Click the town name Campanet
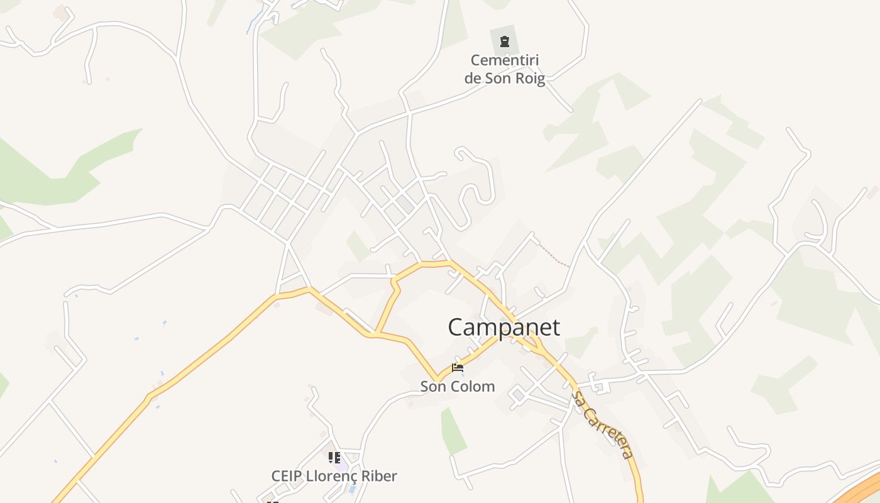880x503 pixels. (503, 328)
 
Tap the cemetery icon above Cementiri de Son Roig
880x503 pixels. (504, 41)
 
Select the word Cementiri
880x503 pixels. (505, 61)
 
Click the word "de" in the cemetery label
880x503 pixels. (473, 79)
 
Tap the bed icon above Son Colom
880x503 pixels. (458, 368)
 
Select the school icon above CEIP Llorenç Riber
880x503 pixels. (334, 457)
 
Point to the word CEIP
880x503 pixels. (287, 476)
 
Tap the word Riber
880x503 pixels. (381, 476)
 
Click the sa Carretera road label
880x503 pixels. (601, 424)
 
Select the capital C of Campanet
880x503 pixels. (457, 328)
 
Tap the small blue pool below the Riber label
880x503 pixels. (353, 489)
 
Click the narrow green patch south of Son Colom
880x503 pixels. (453, 431)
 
